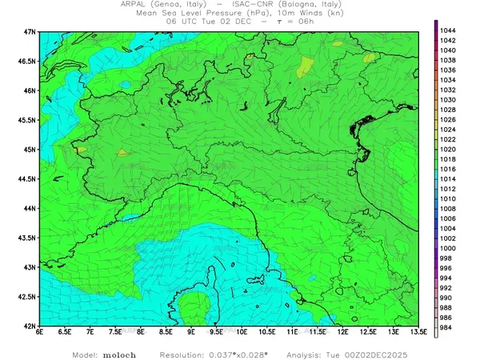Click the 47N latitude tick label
pos(29,31)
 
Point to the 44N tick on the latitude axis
pos(29,208)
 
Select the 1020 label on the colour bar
pos(449,149)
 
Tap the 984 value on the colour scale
pos(447,327)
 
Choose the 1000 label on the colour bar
pos(449,248)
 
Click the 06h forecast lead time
pos(303,22)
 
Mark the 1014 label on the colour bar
pos(449,178)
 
